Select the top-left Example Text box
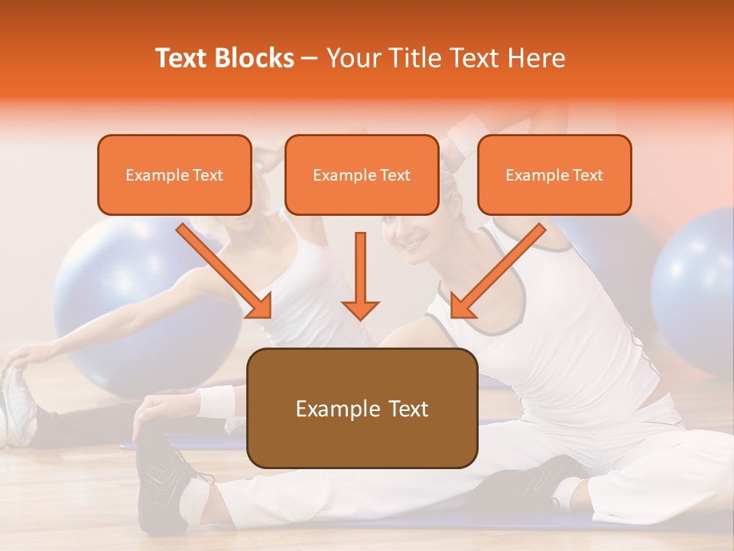coord(174,174)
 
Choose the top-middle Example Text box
coord(362,174)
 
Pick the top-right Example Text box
coord(554,174)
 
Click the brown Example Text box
coord(362,408)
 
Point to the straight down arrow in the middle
coord(360,275)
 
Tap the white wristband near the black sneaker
coord(217,401)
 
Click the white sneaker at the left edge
coord(17,406)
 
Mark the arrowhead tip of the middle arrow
coord(360,317)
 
